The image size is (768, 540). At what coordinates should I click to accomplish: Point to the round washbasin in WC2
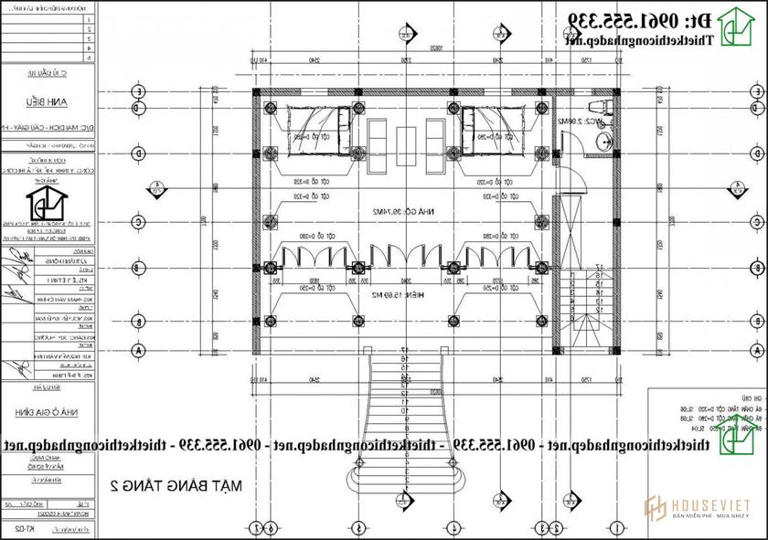pyautogui.click(x=603, y=141)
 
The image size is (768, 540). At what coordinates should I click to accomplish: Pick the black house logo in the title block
pyautogui.click(x=43, y=203)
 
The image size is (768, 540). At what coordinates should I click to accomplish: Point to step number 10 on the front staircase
pyautogui.click(x=402, y=410)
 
